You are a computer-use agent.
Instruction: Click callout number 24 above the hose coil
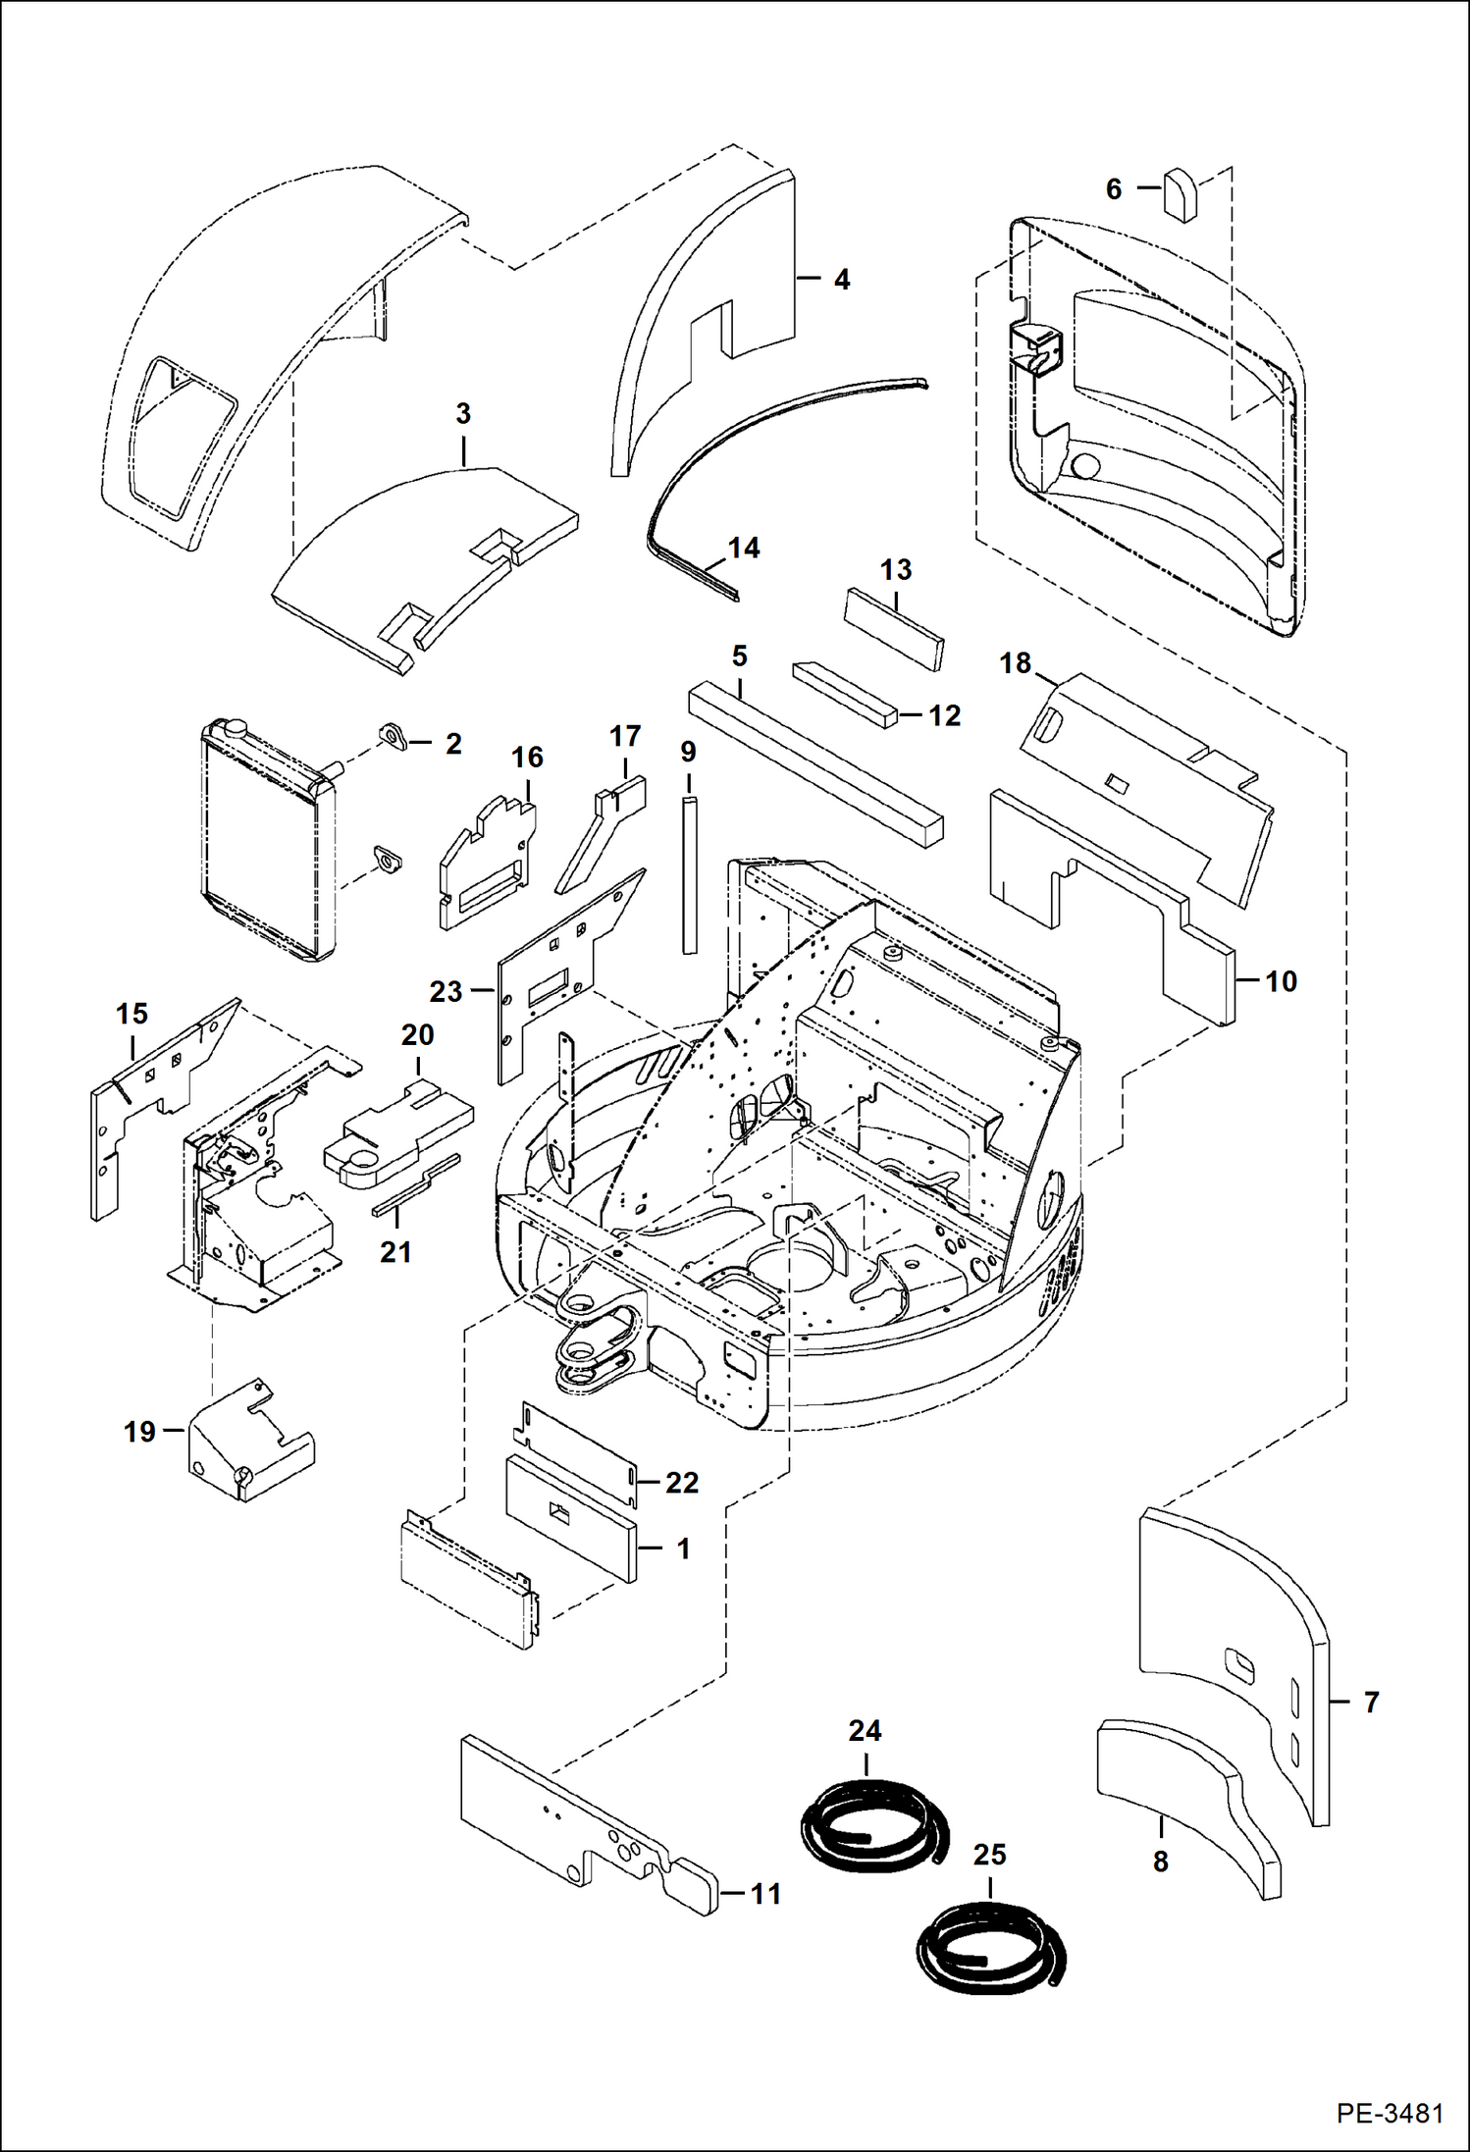(x=865, y=1730)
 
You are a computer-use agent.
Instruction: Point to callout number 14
(x=744, y=548)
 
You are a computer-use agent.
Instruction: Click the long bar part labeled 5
(x=814, y=760)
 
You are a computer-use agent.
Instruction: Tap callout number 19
(x=139, y=1432)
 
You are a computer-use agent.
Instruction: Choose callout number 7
(x=1371, y=1702)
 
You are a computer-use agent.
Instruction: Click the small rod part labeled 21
(x=415, y=1187)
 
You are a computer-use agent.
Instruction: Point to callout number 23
(x=446, y=991)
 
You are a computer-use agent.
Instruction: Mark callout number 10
(x=1281, y=980)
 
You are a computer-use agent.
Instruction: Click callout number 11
(x=765, y=1894)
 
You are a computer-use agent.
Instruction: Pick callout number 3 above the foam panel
(x=463, y=413)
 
